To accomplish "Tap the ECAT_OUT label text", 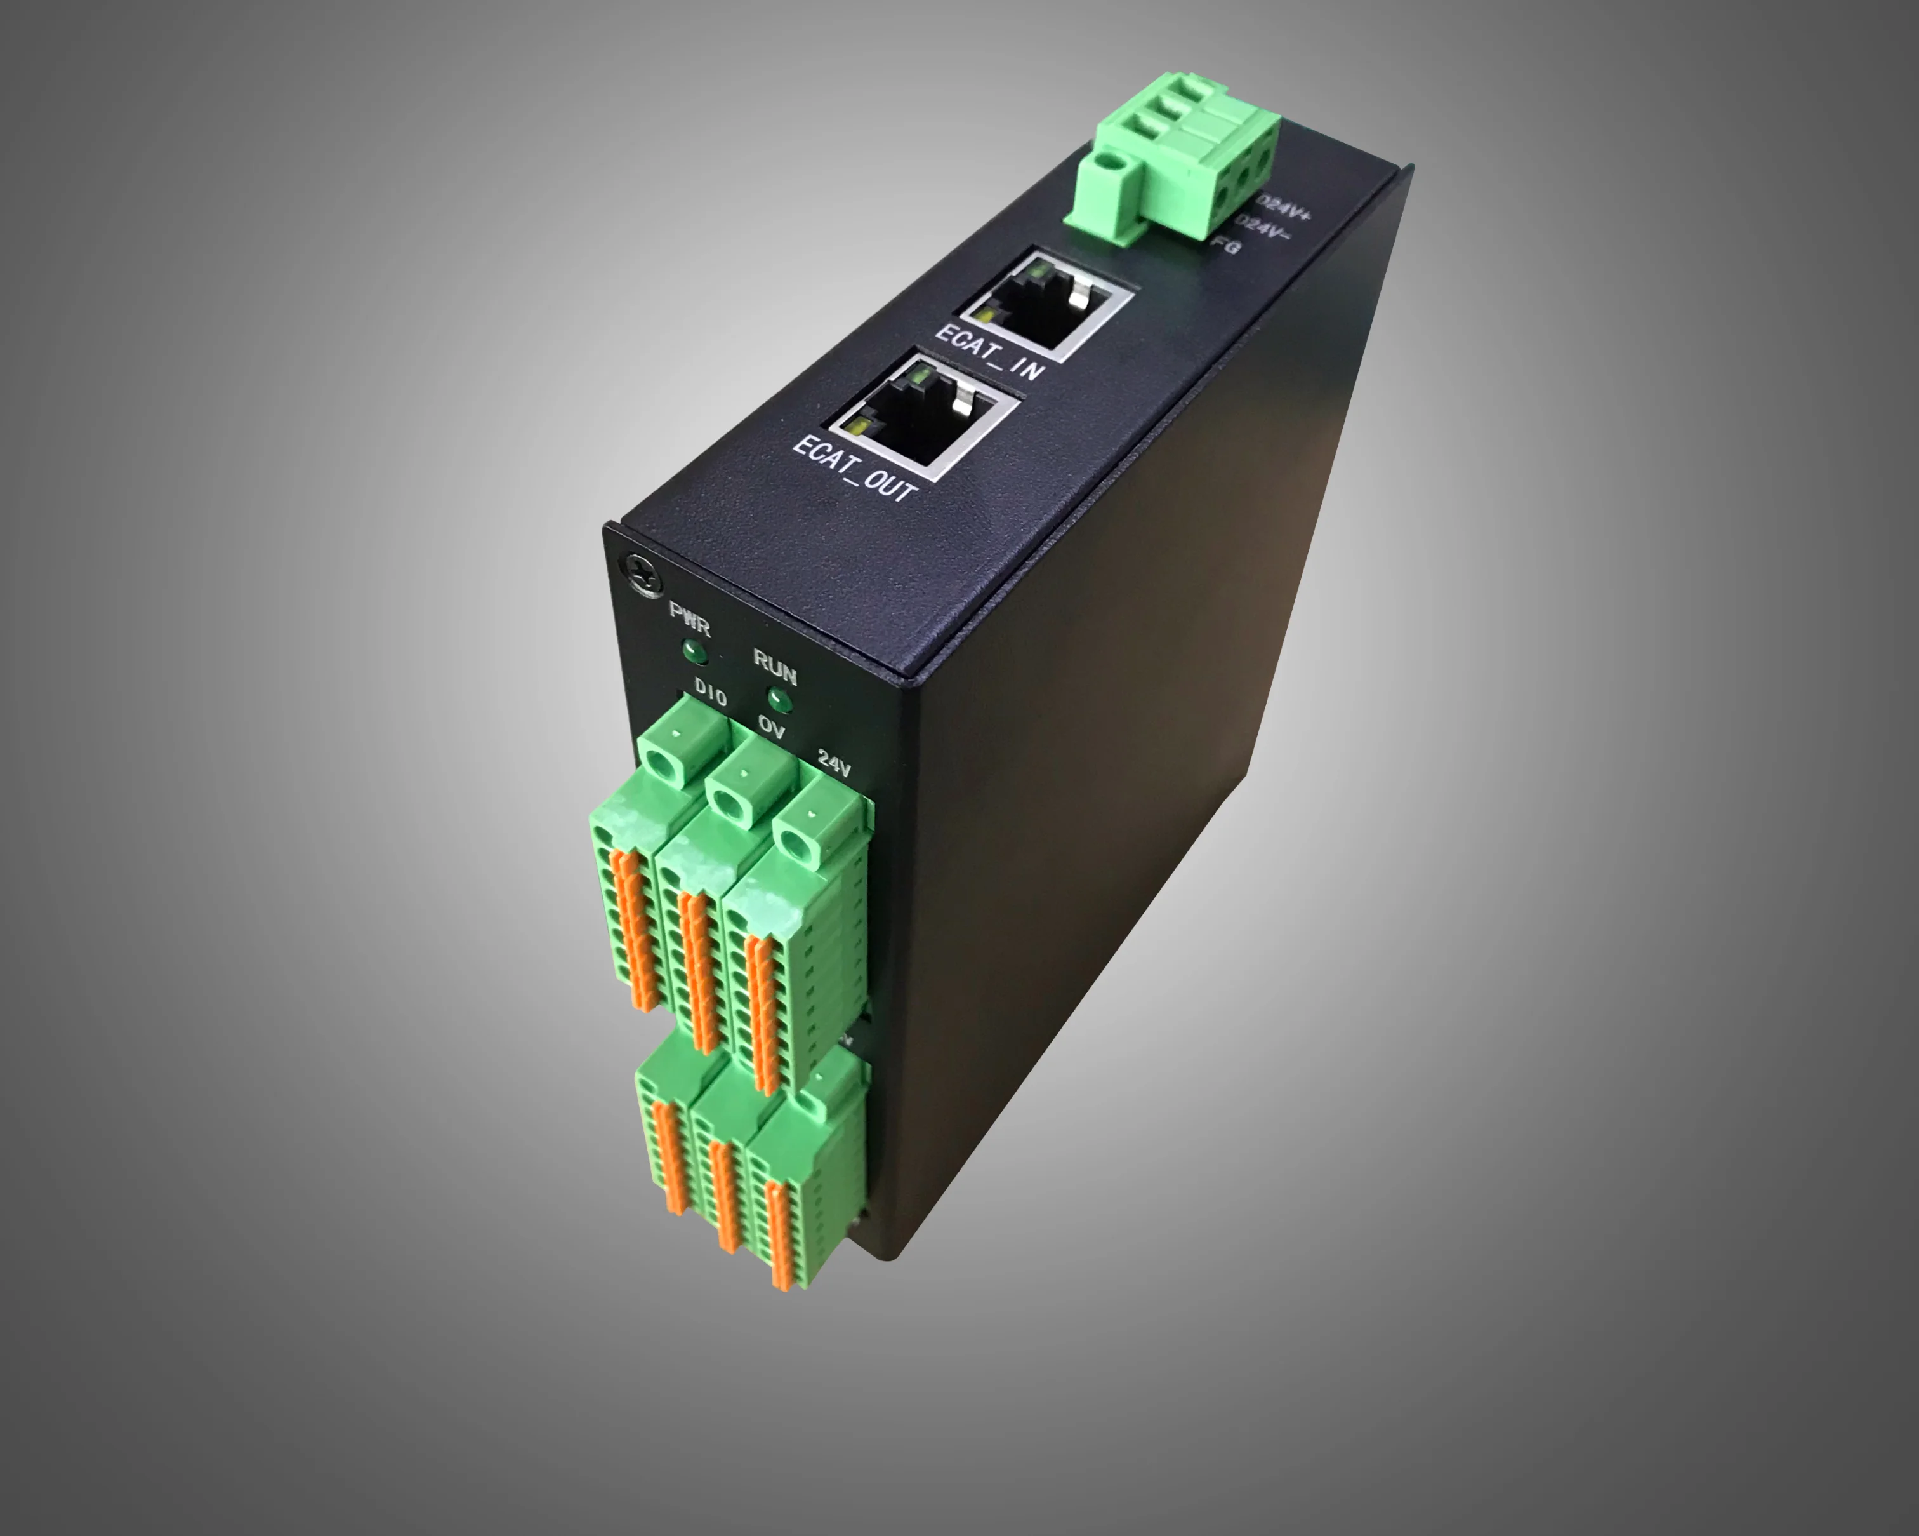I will click(854, 469).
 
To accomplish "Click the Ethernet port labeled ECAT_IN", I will click(1046, 307).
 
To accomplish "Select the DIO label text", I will click(710, 692).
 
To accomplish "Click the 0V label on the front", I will click(772, 728).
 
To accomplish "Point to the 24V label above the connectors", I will click(834, 763).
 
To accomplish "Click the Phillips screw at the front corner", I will click(643, 573).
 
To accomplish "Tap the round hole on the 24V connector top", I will click(796, 841).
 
